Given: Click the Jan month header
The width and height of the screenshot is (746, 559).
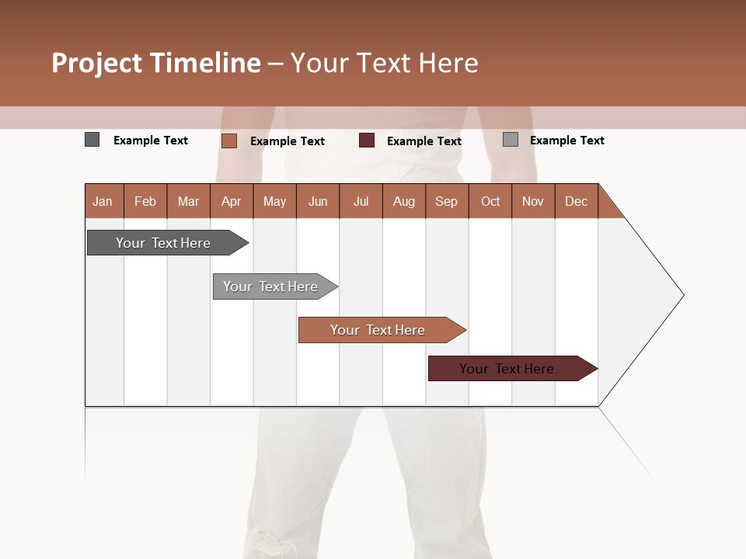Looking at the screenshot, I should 103,201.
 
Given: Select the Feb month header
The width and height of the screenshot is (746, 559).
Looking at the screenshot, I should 145,201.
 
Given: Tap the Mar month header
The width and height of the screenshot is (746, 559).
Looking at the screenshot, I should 188,201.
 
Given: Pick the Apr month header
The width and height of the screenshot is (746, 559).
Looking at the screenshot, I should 231,201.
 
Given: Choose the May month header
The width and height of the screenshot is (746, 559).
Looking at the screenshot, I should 274,201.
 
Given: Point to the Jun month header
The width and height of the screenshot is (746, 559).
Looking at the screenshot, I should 318,201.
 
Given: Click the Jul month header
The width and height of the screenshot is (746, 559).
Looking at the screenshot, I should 361,201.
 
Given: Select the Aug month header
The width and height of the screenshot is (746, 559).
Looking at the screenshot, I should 403,201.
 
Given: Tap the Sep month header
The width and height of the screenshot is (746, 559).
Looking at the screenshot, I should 446,201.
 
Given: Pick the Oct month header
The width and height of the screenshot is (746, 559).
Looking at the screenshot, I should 490,201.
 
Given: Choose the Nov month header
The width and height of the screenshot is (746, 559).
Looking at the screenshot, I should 533,201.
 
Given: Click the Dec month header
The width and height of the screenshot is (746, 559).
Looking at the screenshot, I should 576,201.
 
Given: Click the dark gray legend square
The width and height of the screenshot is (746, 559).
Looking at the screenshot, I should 92,140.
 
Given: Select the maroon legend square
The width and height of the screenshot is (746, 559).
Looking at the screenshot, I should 367,141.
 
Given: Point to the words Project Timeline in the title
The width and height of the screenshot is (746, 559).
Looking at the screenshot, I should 156,63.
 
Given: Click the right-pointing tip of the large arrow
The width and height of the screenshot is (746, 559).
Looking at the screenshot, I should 681,295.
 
